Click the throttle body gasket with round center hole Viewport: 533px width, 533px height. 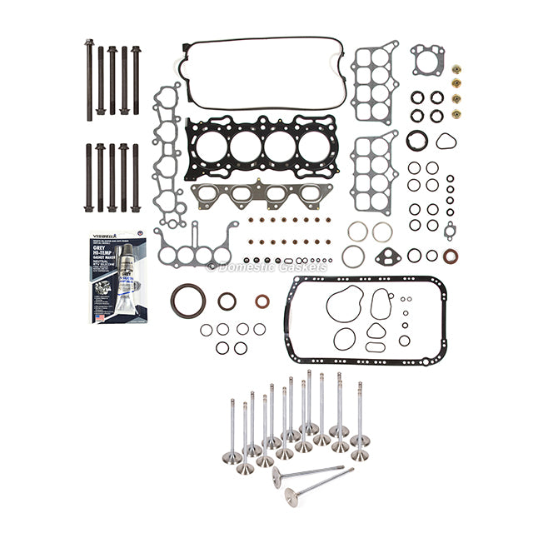pyautogui.click(x=427, y=60)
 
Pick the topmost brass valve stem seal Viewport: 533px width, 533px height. pyautogui.click(x=457, y=70)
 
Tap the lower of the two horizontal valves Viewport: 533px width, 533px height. pyautogui.click(x=316, y=491)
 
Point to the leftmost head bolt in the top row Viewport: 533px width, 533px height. pyautogui.click(x=88, y=75)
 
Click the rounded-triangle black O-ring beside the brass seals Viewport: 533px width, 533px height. pyautogui.click(x=446, y=139)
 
